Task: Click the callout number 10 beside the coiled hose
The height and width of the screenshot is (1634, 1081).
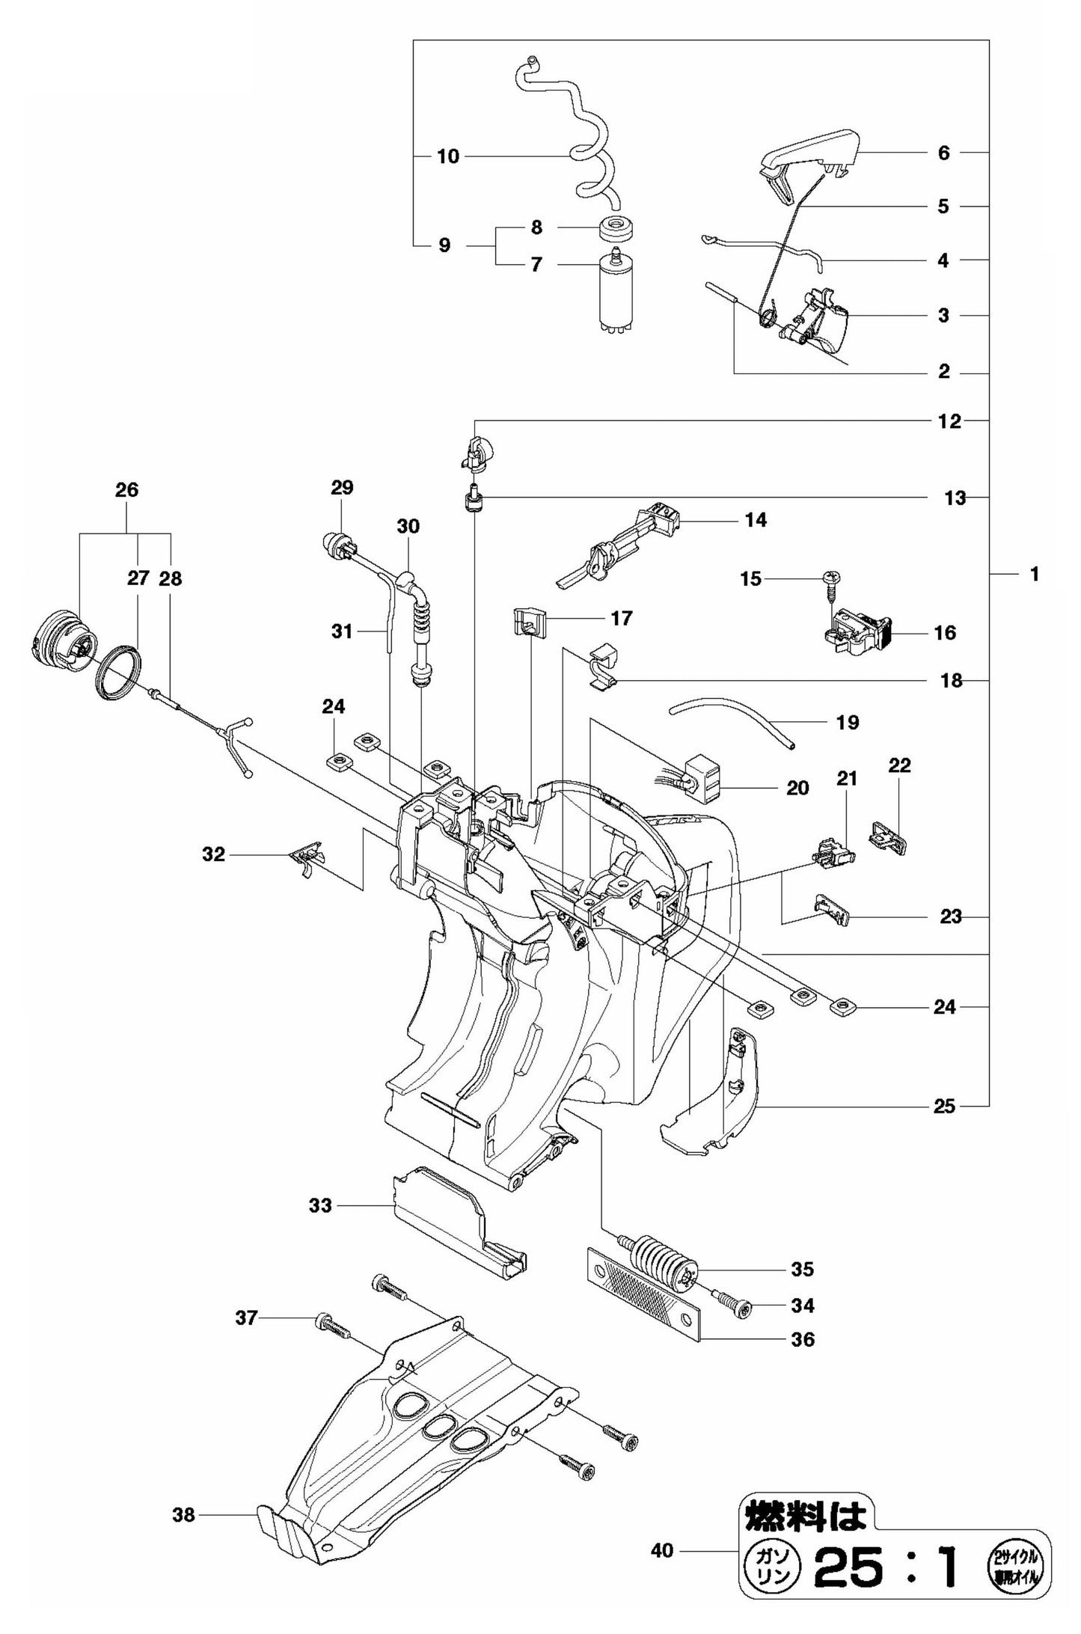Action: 447,156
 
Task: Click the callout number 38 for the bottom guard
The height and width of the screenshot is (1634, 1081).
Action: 183,1514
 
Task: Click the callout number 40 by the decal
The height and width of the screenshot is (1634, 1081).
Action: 661,1551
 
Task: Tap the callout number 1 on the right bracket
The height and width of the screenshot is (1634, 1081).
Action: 1035,575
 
